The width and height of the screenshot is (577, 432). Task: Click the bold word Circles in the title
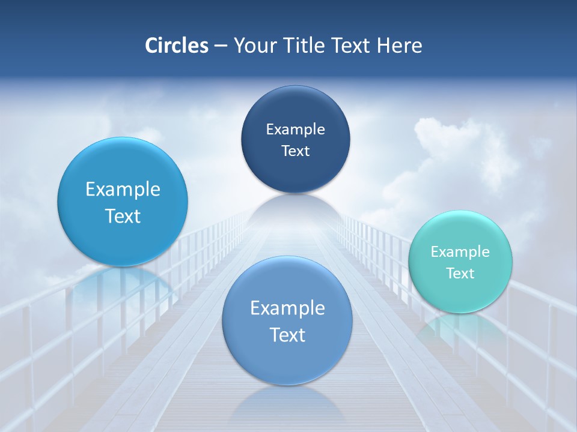point(176,46)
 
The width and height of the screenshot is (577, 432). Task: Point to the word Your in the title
point(254,46)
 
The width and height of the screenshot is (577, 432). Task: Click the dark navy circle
point(295,139)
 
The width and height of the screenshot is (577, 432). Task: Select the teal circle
point(460,262)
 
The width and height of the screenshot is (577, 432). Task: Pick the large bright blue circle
point(123,202)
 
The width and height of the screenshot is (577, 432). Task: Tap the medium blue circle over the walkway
point(287,320)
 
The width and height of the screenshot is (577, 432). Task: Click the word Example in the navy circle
point(295,129)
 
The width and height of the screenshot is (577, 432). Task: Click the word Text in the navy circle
point(295,151)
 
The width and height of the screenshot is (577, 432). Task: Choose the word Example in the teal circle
point(460,251)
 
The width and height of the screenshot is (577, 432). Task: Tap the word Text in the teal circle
point(460,273)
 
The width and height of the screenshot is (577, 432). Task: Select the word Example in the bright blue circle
point(123,189)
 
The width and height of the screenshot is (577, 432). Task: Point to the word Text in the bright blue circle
point(123,216)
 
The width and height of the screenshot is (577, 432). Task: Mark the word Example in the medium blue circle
point(287,308)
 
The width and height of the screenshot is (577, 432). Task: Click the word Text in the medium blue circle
point(287,335)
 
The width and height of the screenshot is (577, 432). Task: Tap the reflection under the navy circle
point(295,210)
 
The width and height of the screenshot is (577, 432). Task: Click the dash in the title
point(220,46)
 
